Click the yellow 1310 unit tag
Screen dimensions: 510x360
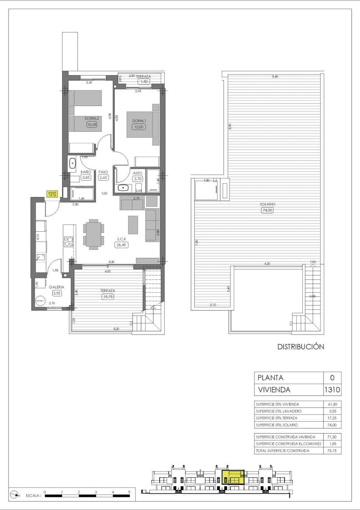[52, 194]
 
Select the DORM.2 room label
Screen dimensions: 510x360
[92, 119]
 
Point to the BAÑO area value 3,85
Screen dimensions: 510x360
[86, 178]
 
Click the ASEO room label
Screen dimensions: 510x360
[137, 173]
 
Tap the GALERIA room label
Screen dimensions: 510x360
[57, 287]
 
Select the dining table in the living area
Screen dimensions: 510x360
[93, 234]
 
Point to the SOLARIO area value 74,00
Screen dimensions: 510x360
[267, 210]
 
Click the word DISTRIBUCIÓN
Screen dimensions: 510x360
[300, 347]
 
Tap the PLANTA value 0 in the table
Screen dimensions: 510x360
[332, 377]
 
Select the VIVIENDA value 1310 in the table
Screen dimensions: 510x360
[332, 389]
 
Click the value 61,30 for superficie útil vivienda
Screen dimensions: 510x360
[332, 404]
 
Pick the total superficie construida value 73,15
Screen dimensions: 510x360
[332, 450]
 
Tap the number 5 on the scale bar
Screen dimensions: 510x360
[129, 491]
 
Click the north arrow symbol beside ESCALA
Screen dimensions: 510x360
[16, 494]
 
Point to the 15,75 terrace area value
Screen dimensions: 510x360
[107, 297]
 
